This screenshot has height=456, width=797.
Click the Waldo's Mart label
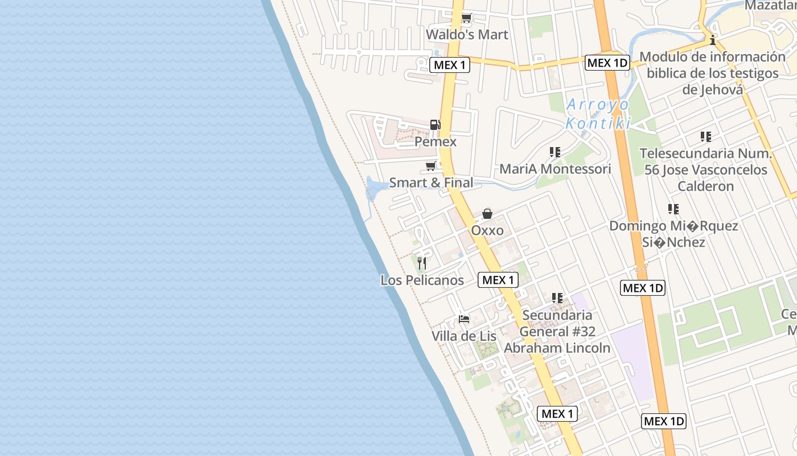click(x=467, y=35)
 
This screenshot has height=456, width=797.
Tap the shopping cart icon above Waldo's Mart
click(x=467, y=18)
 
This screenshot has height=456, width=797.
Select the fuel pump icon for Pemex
click(x=435, y=124)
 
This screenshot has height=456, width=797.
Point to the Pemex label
click(x=436, y=141)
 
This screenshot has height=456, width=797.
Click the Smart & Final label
click(x=431, y=183)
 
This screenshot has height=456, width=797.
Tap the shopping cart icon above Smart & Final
click(x=431, y=166)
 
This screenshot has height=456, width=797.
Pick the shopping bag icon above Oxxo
click(x=487, y=214)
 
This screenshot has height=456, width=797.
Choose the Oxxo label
click(x=487, y=230)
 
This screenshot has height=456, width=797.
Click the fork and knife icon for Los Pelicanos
click(x=422, y=263)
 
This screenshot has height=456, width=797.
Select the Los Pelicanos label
click(x=422, y=280)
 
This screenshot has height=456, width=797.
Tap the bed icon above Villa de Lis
click(x=464, y=319)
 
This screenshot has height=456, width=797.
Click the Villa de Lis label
click(x=464, y=336)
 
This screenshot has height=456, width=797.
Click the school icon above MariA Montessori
click(x=555, y=152)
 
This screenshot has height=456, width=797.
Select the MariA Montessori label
click(x=555, y=169)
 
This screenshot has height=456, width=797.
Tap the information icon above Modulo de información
click(x=712, y=40)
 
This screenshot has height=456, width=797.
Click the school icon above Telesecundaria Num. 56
click(x=706, y=137)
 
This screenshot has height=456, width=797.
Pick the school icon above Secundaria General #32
click(x=557, y=298)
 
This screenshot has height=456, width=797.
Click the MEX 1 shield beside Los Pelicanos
click(x=498, y=280)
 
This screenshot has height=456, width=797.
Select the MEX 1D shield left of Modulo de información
click(x=607, y=63)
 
